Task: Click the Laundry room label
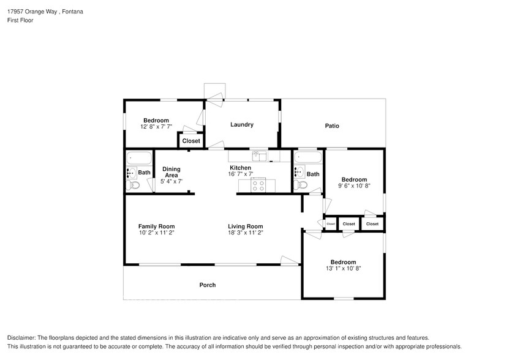tap(241, 125)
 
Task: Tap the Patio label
tap(331, 126)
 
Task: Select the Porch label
tap(208, 285)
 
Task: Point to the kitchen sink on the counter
tap(258, 154)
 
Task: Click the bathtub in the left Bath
tap(138, 158)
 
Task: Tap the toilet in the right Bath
tap(300, 184)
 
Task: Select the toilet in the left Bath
tap(132, 185)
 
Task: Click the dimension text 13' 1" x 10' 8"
tap(343, 268)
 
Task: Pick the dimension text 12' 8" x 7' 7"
tap(156, 127)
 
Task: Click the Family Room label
tap(156, 227)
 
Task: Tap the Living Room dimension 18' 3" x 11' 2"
tap(246, 233)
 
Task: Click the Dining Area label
tap(172, 172)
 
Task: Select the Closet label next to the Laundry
tap(191, 141)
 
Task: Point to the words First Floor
tap(21, 20)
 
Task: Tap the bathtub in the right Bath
tap(307, 158)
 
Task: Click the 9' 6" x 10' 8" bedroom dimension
tap(354, 186)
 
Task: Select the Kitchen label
tap(240, 168)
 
